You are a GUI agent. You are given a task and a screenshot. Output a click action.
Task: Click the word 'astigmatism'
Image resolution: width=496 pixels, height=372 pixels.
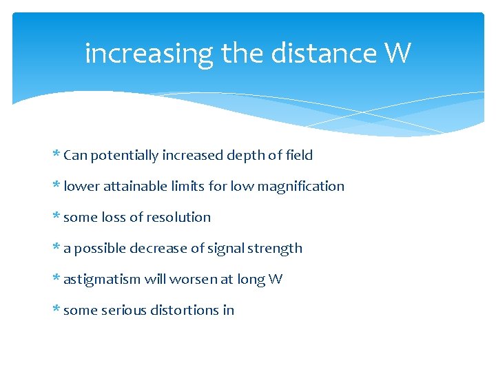[102, 280]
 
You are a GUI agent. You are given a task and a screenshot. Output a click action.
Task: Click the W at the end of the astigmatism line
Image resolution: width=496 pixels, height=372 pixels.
[275, 279]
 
